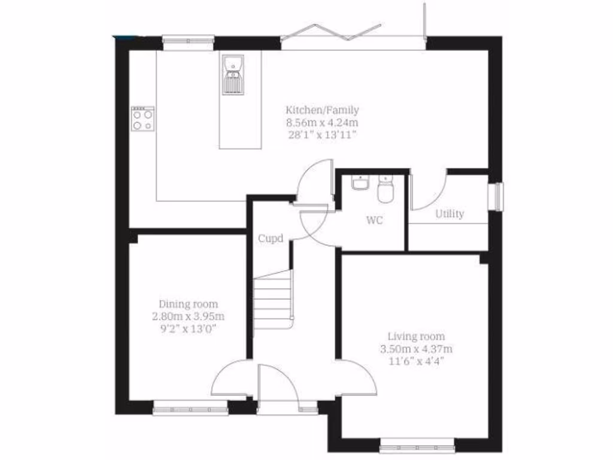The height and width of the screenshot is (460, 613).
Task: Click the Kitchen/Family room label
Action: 322,110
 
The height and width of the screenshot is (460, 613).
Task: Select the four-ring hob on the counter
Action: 142,118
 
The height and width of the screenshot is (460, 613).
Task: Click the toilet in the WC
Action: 385,190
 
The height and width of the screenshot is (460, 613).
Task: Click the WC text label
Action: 374,220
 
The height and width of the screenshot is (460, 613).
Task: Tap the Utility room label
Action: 449,214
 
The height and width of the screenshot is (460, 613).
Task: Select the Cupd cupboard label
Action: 270,238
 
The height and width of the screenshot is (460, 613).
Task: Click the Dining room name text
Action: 188,304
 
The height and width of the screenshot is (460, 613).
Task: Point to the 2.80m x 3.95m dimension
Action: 188,316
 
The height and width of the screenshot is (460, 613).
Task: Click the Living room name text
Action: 416,336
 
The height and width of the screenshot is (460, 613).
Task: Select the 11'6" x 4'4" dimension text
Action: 416,361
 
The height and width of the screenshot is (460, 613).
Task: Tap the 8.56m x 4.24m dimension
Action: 322,122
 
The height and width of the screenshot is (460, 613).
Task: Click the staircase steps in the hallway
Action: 272,299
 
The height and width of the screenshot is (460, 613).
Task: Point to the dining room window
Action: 190,410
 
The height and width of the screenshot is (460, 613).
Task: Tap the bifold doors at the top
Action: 353,35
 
